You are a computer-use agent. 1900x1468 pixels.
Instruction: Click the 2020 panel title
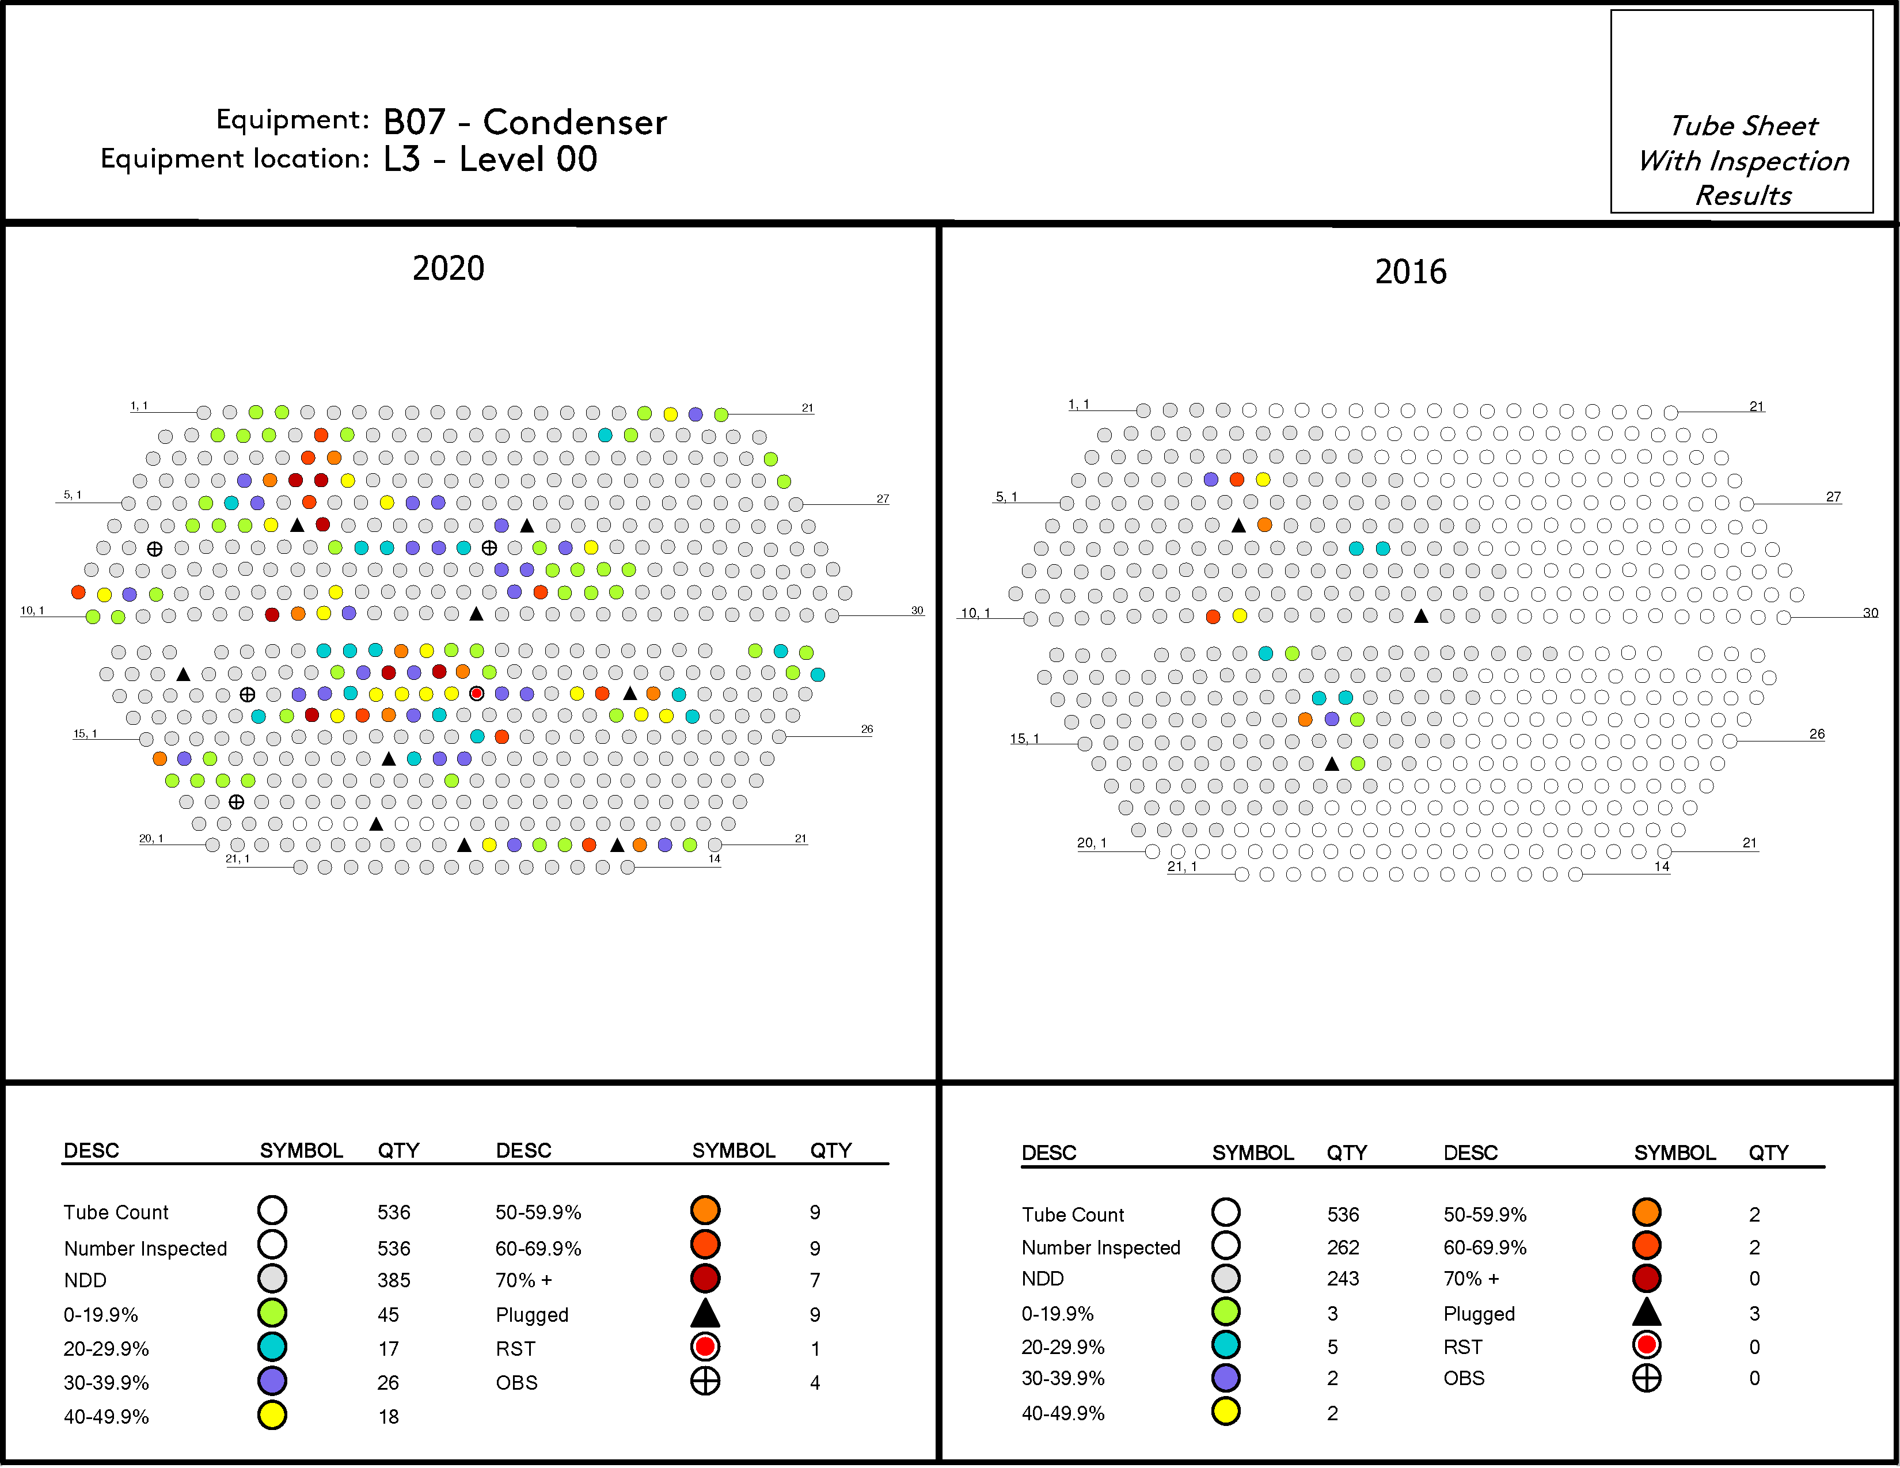coord(448,268)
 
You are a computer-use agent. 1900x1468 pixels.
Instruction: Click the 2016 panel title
coord(1410,271)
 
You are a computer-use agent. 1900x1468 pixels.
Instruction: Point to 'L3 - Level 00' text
coord(490,159)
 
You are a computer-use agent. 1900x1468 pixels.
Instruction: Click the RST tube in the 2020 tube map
coord(477,693)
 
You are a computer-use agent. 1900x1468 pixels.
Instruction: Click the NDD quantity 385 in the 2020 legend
coord(393,1280)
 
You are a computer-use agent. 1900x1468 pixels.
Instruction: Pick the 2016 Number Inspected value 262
coord(1342,1247)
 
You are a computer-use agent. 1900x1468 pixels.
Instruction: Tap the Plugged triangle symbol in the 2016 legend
coord(1646,1311)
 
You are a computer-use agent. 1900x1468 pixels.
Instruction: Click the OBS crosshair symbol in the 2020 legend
coord(705,1381)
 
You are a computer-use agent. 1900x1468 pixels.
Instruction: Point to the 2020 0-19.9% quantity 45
coord(388,1314)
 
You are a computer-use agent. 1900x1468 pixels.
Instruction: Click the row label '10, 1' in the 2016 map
coord(974,613)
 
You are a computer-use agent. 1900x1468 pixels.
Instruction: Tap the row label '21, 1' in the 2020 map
coord(237,858)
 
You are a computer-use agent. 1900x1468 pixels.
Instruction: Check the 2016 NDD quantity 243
coord(1342,1279)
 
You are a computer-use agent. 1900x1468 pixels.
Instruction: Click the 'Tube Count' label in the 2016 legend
coord(1072,1215)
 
